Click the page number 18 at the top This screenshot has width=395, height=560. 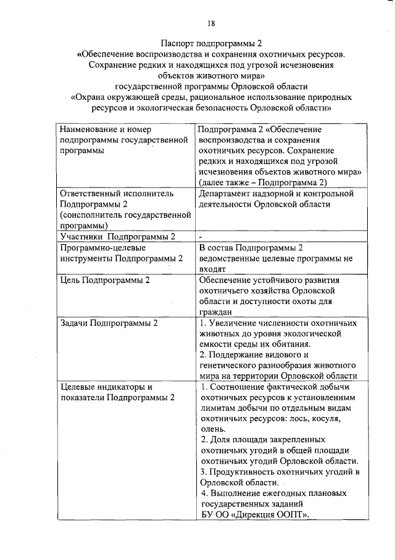pos(210,23)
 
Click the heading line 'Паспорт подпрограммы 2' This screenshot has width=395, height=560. pos(211,44)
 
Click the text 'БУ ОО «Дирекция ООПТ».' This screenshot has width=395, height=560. pos(255,515)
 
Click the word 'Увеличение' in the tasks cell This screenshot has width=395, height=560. pos(238,323)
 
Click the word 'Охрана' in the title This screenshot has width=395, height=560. pos(90,97)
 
